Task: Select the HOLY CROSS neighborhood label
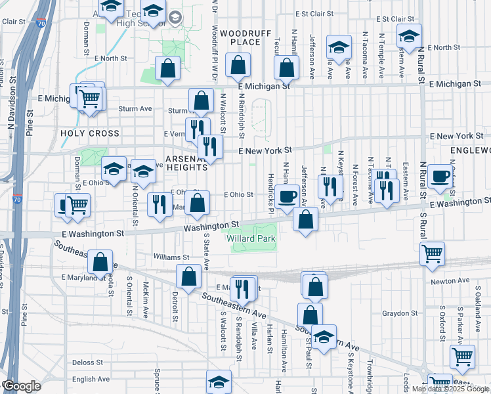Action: tap(90, 133)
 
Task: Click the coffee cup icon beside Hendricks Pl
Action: tap(286, 196)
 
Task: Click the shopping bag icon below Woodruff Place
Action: tap(238, 65)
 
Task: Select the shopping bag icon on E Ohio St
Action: tap(197, 204)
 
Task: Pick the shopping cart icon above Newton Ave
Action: tap(432, 253)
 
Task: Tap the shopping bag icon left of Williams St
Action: tap(100, 262)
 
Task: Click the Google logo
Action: tap(21, 386)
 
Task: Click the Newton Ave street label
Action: tap(450, 281)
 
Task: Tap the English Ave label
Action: tap(91, 379)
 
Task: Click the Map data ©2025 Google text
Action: tap(450, 389)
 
